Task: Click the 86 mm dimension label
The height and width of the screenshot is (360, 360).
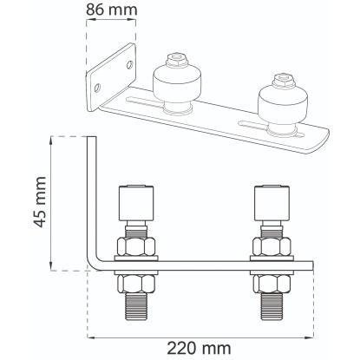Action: (x=112, y=10)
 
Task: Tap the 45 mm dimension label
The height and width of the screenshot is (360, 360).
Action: (x=39, y=202)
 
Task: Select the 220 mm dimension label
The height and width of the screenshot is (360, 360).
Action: (x=200, y=348)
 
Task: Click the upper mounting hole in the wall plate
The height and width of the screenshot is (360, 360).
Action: (x=130, y=64)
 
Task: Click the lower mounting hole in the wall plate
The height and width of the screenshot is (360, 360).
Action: (x=98, y=88)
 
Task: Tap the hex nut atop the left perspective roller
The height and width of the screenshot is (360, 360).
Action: (x=177, y=60)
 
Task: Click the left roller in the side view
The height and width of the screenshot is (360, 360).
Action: (x=136, y=203)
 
